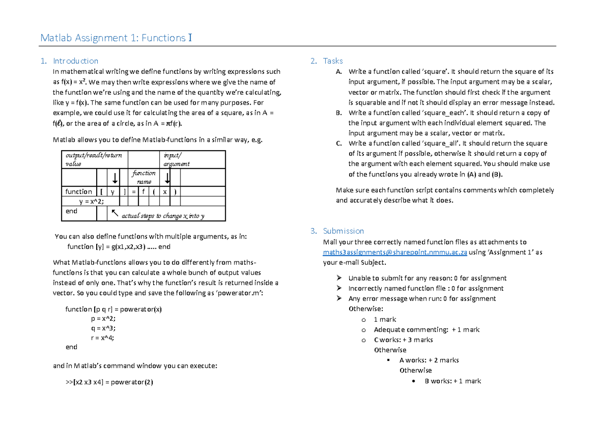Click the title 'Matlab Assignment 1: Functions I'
click(116, 38)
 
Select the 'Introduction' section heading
click(75, 61)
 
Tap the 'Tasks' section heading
click(333, 61)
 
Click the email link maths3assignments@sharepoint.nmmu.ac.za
click(395, 252)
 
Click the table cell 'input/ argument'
click(176, 159)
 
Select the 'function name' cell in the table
click(144, 177)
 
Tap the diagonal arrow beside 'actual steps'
click(115, 213)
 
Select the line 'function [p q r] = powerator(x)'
click(114, 309)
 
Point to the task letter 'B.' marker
click(339, 113)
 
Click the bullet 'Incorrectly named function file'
click(425, 289)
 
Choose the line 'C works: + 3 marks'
click(403, 340)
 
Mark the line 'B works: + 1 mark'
click(453, 381)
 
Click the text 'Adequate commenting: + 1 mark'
click(426, 330)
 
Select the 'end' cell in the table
click(72, 211)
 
